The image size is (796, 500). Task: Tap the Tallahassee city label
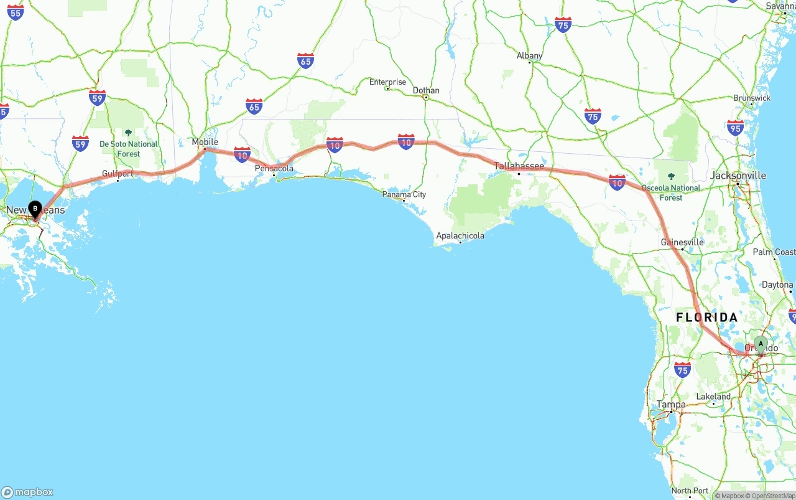click(x=519, y=166)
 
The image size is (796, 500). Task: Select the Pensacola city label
click(x=274, y=168)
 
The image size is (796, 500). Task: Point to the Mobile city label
click(x=205, y=142)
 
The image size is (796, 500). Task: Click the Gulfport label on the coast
click(x=118, y=174)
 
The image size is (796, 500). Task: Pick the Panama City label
click(x=404, y=194)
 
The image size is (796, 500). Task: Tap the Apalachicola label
click(x=460, y=236)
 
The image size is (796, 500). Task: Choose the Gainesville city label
click(x=682, y=242)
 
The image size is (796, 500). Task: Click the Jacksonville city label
click(x=738, y=176)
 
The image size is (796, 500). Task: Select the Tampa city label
click(x=671, y=405)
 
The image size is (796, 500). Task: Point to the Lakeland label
click(x=713, y=397)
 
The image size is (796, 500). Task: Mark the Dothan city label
click(x=426, y=90)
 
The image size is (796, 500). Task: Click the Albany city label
click(x=529, y=56)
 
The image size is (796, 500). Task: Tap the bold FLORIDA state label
click(x=707, y=318)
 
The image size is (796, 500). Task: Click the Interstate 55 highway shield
click(x=16, y=12)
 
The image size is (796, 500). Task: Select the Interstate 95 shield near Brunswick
click(x=735, y=128)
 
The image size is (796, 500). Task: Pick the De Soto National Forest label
click(x=129, y=148)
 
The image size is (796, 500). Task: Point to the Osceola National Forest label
click(x=671, y=192)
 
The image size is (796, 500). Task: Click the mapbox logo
click(x=27, y=492)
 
